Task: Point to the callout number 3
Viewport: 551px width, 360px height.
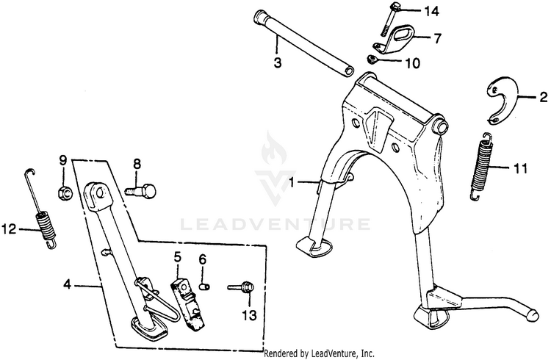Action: point(278,63)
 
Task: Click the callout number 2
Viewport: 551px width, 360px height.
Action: point(544,96)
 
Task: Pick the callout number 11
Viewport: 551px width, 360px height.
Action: point(520,168)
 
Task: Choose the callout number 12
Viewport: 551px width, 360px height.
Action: point(8,229)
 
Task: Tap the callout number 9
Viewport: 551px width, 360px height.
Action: point(62,160)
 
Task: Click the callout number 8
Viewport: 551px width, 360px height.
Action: point(137,163)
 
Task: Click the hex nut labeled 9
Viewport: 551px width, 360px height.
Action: point(64,192)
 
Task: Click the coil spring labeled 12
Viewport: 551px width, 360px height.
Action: point(42,219)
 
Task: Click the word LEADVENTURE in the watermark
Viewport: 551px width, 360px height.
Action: point(275,222)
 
